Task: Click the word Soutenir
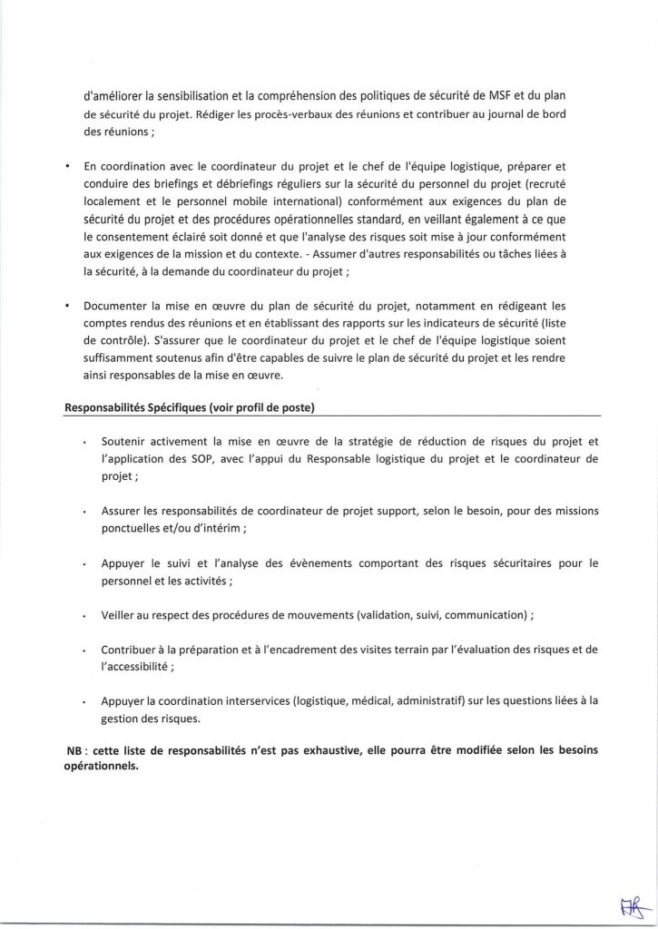click(129, 442)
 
